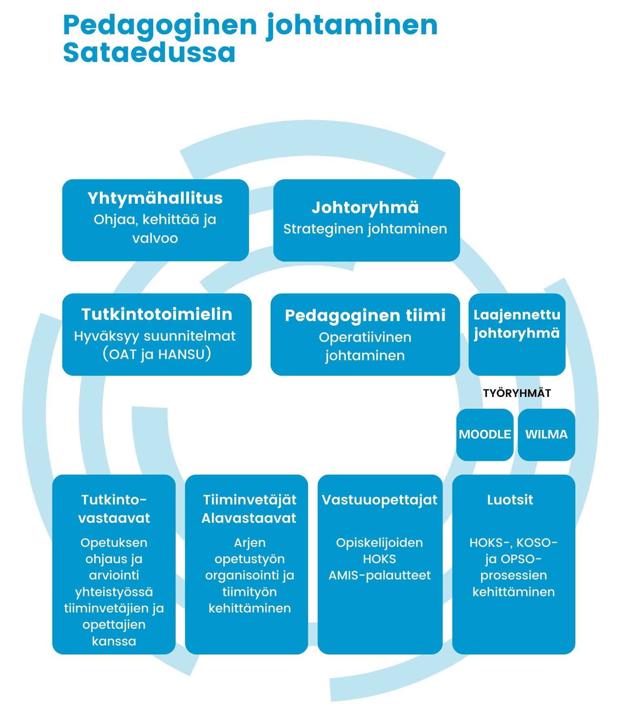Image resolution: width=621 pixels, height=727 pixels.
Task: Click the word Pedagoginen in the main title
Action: tap(160, 25)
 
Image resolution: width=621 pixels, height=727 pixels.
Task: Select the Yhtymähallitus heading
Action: tap(155, 198)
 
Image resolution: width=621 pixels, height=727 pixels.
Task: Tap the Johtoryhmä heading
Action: tap(365, 207)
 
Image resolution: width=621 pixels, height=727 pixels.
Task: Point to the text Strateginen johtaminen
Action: tap(365, 229)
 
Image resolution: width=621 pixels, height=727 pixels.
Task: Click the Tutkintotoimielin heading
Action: tap(157, 314)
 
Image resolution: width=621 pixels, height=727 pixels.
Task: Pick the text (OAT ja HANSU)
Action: tap(157, 354)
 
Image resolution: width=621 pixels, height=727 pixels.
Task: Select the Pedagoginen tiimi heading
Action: tap(365, 315)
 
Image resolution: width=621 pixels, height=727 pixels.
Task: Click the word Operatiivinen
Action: tap(365, 337)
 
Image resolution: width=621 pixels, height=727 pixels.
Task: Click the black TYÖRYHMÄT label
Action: tap(517, 393)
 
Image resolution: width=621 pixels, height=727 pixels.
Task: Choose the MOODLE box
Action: tap(484, 434)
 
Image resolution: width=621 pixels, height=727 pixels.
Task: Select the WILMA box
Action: tap(546, 434)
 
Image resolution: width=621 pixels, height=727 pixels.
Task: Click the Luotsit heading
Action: tap(510, 500)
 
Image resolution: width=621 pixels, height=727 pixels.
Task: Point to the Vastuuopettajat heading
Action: tap(379, 500)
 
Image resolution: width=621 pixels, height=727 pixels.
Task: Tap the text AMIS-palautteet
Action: tap(379, 575)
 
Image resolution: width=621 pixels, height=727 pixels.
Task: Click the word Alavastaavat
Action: tap(249, 518)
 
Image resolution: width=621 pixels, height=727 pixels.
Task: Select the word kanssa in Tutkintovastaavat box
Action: tap(114, 641)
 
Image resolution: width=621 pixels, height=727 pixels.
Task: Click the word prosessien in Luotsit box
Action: tap(513, 575)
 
